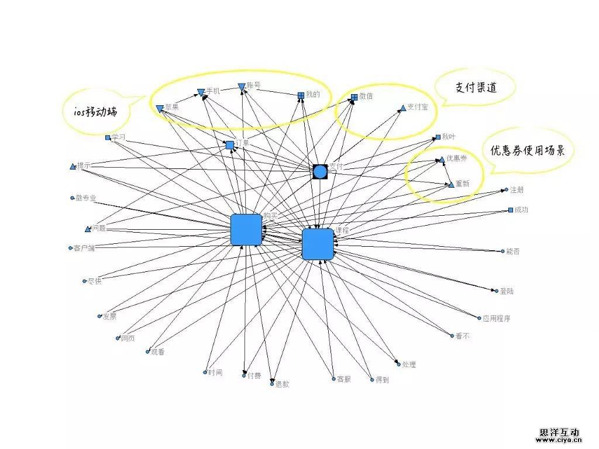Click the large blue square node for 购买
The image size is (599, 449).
246,229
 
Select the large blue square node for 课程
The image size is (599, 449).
318,244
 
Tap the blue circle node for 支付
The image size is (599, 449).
319,171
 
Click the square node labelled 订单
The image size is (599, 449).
230,145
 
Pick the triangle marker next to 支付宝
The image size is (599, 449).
402,108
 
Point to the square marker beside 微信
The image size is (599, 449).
354,97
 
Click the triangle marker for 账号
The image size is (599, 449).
242,87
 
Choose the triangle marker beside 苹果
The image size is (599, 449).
160,108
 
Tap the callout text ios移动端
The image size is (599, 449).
91,112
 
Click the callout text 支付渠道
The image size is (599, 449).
476,87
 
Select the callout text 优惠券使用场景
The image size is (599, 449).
527,150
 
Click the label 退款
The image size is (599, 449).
282,384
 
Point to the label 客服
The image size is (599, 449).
343,379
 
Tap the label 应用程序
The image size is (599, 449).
496,319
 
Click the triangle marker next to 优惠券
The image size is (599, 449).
442,159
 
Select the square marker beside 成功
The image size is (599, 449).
511,210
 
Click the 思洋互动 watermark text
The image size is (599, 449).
559,432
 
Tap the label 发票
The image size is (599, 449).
109,317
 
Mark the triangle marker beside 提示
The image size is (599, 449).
73,167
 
